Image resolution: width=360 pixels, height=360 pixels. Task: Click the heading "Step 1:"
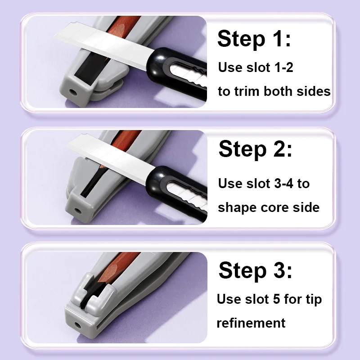click(254, 39)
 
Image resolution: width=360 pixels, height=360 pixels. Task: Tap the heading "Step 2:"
click(255, 149)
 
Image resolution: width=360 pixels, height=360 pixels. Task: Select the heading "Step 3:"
click(255, 270)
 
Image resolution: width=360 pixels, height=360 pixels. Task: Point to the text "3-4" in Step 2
click(283, 184)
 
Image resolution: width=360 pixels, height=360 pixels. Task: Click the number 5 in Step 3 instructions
click(276, 299)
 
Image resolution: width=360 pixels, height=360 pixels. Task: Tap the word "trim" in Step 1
click(247, 91)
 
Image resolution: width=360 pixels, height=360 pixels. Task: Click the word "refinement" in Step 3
click(251, 323)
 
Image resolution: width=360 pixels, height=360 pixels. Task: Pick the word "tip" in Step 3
click(314, 300)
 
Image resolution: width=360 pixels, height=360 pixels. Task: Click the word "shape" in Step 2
click(237, 208)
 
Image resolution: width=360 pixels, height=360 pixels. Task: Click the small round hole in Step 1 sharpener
click(74, 93)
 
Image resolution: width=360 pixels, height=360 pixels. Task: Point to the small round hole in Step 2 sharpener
click(77, 211)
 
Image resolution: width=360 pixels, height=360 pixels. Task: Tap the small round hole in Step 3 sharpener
click(77, 325)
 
